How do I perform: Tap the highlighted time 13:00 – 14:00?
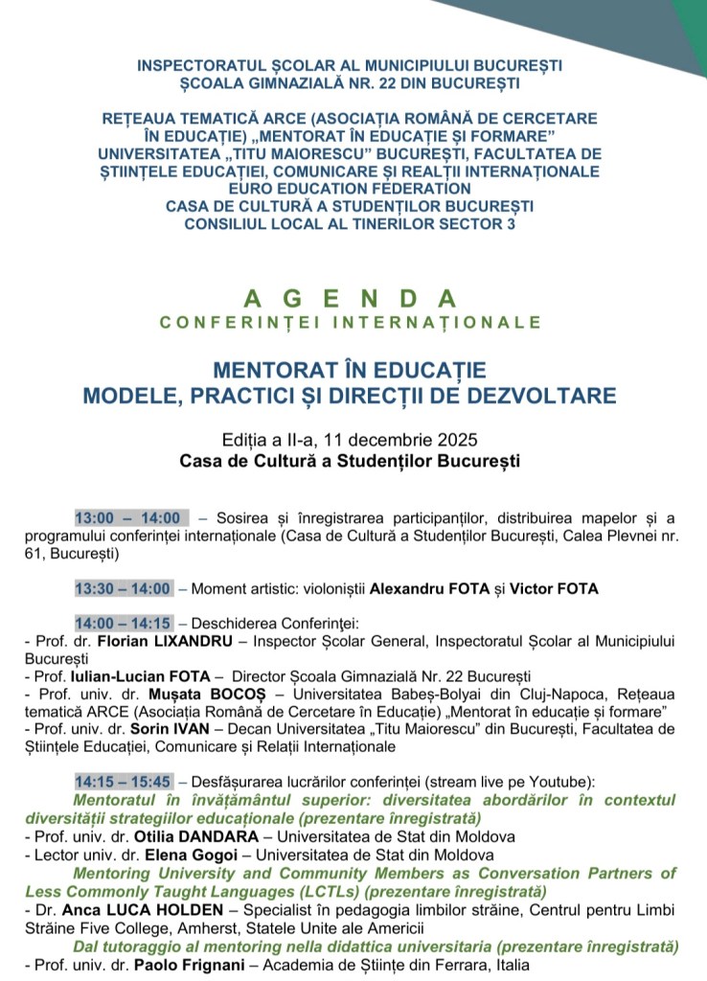(131, 518)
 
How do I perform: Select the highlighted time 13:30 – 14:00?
(123, 588)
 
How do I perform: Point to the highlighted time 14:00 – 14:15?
(123, 624)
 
